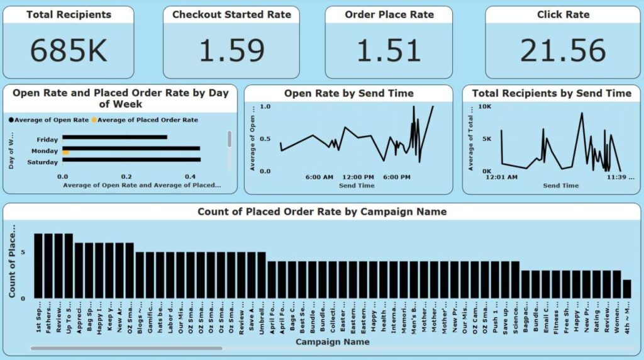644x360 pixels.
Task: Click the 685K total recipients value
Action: (69, 51)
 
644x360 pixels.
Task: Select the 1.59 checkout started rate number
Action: (231, 51)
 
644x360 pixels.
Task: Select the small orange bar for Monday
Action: (65, 153)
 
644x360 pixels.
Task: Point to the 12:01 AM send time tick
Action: (501, 177)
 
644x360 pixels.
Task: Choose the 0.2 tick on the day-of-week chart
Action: (127, 177)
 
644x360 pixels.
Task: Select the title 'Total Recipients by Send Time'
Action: (552, 93)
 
